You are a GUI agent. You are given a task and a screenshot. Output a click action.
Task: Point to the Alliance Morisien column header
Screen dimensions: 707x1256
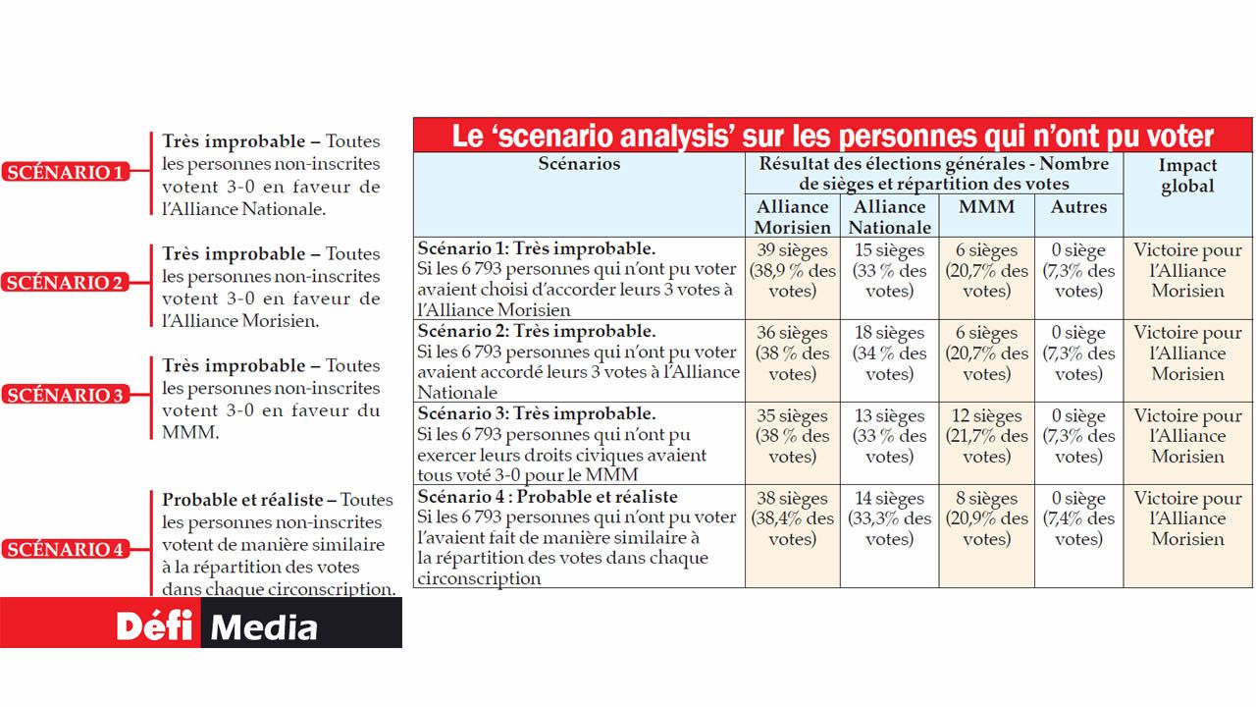point(792,216)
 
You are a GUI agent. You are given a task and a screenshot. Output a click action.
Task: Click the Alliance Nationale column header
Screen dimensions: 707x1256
point(889,216)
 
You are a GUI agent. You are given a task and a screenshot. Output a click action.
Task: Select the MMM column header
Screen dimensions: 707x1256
point(986,207)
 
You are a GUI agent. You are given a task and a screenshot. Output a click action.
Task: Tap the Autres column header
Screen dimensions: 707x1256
point(1078,207)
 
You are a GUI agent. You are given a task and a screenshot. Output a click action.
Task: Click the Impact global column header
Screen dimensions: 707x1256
point(1187,176)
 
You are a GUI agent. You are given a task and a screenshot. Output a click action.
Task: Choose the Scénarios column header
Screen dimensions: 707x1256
point(579,164)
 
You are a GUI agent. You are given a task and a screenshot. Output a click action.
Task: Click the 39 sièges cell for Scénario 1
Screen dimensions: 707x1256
point(792,270)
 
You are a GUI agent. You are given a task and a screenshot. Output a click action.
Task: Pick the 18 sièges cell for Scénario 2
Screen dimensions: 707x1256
point(889,353)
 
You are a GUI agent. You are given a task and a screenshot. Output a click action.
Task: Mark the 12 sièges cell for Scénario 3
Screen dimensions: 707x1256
point(986,435)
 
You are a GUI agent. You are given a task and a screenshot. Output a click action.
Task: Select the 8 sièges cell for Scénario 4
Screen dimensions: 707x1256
point(986,517)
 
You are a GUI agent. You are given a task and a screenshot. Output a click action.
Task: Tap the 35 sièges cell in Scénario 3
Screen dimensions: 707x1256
point(792,435)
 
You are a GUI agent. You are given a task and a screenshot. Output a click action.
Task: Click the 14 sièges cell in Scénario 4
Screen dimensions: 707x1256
point(889,517)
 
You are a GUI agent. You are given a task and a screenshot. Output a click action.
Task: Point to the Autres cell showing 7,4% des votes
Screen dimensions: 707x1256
point(1078,517)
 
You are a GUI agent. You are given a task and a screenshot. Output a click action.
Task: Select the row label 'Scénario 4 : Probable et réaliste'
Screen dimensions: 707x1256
point(548,497)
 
